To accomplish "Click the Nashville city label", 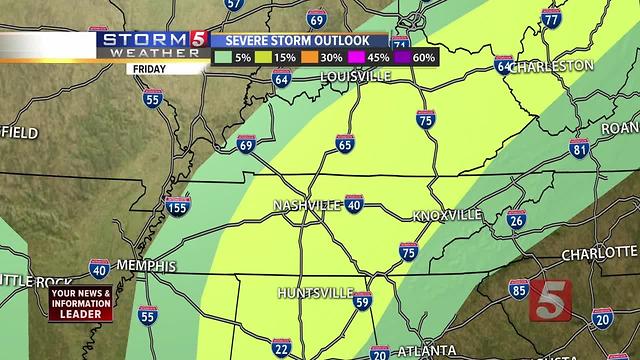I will (307, 205).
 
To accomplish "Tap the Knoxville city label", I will (447, 215).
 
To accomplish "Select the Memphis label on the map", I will (146, 266).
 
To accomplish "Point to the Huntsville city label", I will (315, 293).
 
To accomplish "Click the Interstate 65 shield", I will (345, 144).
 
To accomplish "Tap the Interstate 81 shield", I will (579, 149).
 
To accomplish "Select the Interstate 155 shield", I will (177, 207).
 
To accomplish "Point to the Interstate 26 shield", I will (516, 220).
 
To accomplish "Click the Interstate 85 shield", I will (518, 290).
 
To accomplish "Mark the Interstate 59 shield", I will (363, 300).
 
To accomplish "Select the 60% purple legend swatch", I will (402, 58).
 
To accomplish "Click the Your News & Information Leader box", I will (77, 302).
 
